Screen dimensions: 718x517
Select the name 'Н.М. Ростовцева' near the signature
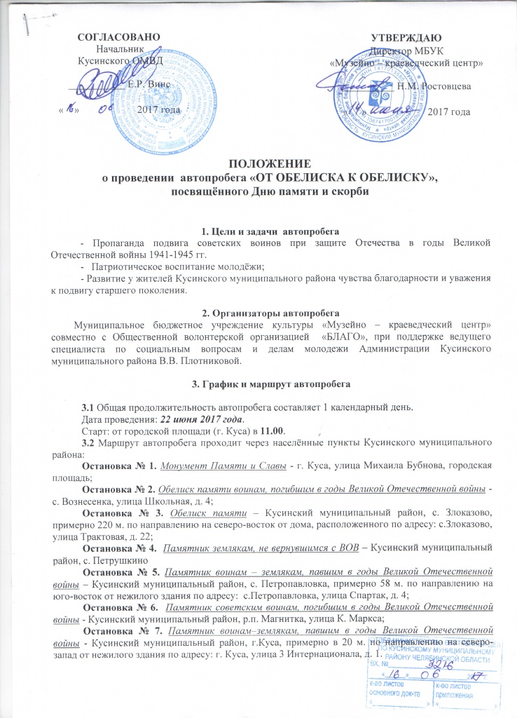tap(434, 86)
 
